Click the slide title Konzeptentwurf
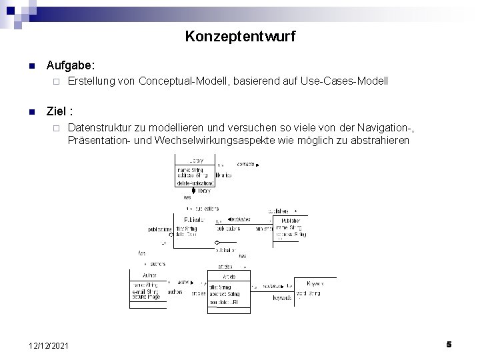pos(240,36)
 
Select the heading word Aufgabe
pos(70,66)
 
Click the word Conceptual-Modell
pos(179,81)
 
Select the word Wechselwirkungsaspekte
pos(221,141)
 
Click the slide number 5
pos(449,344)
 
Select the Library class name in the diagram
pos(196,161)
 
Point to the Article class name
pos(228,276)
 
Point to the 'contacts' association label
pos(245,164)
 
